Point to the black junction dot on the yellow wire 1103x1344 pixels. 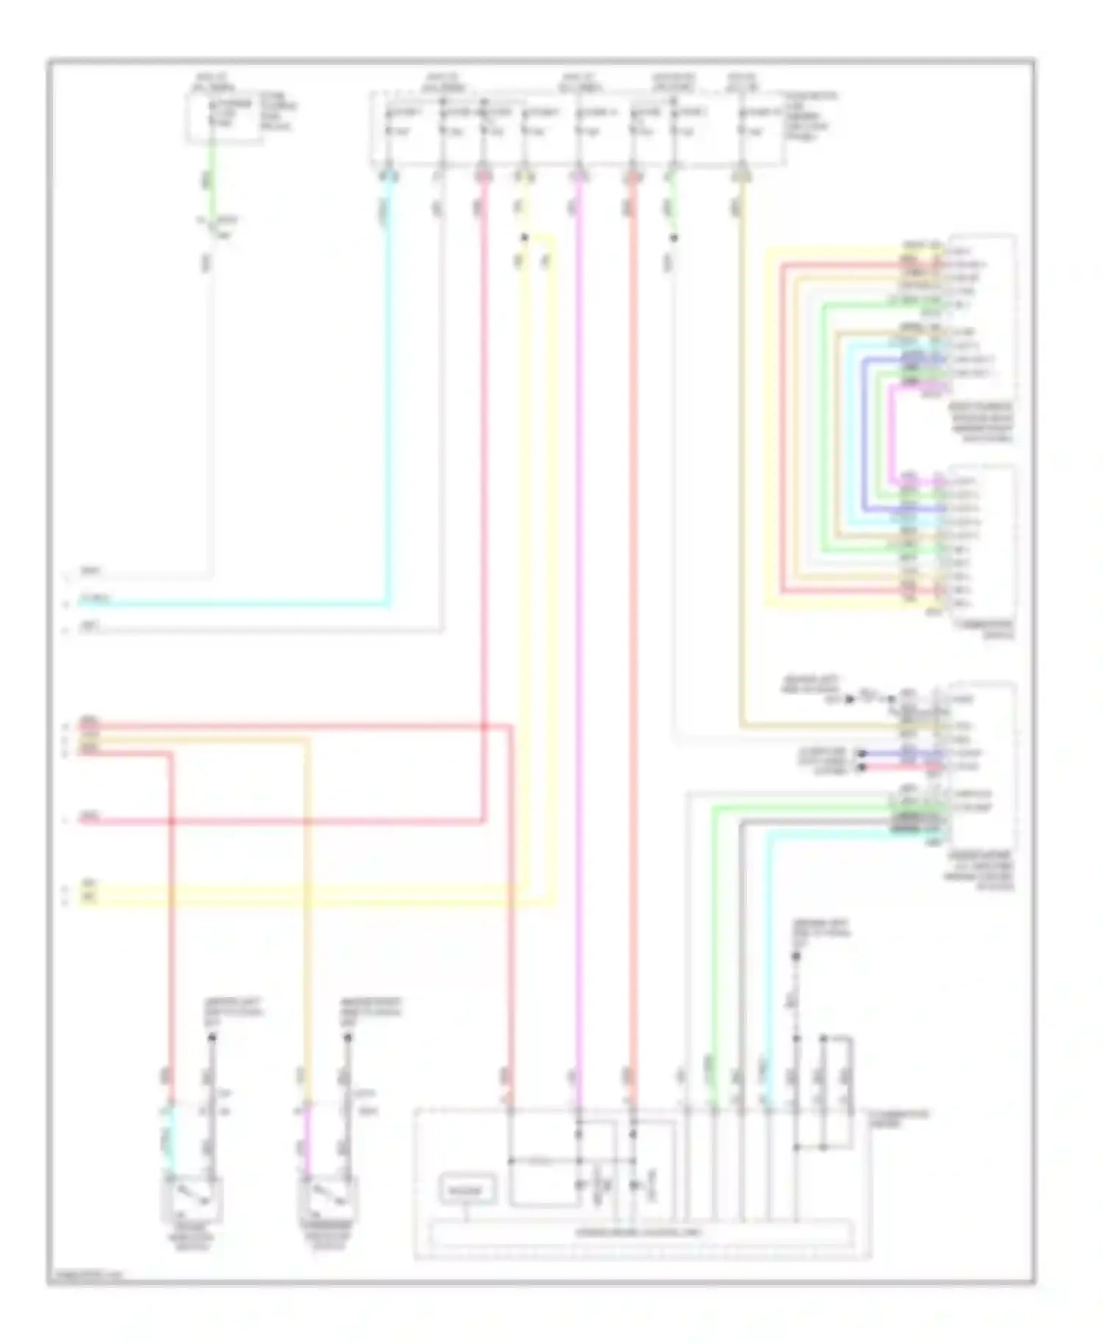coord(524,237)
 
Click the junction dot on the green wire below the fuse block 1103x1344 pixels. coord(674,237)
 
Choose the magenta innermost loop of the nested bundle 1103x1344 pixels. coord(891,434)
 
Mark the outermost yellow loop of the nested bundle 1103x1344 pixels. coord(768,434)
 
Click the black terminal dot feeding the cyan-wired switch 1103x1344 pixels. coord(212,1037)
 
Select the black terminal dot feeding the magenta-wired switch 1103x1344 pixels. coord(348,1037)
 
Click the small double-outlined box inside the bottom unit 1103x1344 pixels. coord(468,1189)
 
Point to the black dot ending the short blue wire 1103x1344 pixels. coord(863,754)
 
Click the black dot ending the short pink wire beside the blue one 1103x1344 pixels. coord(863,767)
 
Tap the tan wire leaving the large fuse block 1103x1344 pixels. coord(741,441)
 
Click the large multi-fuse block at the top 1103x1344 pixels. coord(577,129)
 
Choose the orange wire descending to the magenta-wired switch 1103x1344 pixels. coord(307,919)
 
